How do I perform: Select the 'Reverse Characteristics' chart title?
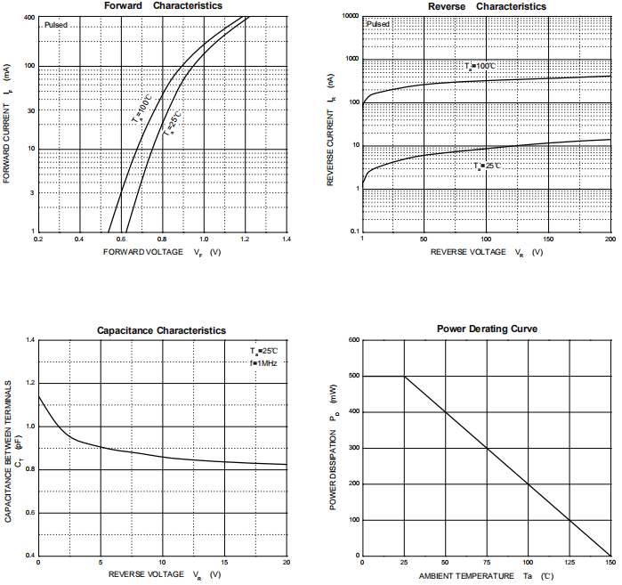[487, 6]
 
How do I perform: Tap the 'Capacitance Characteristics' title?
[161, 330]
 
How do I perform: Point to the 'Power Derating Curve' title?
[487, 329]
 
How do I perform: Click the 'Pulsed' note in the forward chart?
[55, 25]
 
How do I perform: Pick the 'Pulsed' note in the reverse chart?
[377, 24]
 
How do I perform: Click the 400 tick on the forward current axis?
[29, 18]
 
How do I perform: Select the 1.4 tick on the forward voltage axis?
[287, 240]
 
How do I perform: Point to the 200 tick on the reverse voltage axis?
[610, 240]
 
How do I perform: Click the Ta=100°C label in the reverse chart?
[480, 67]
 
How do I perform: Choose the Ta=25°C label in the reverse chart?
[488, 167]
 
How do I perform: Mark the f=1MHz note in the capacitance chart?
[264, 363]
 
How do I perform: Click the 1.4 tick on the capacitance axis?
[29, 340]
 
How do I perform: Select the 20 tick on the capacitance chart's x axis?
[287, 563]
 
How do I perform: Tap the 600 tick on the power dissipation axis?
[353, 339]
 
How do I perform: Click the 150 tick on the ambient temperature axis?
[610, 563]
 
